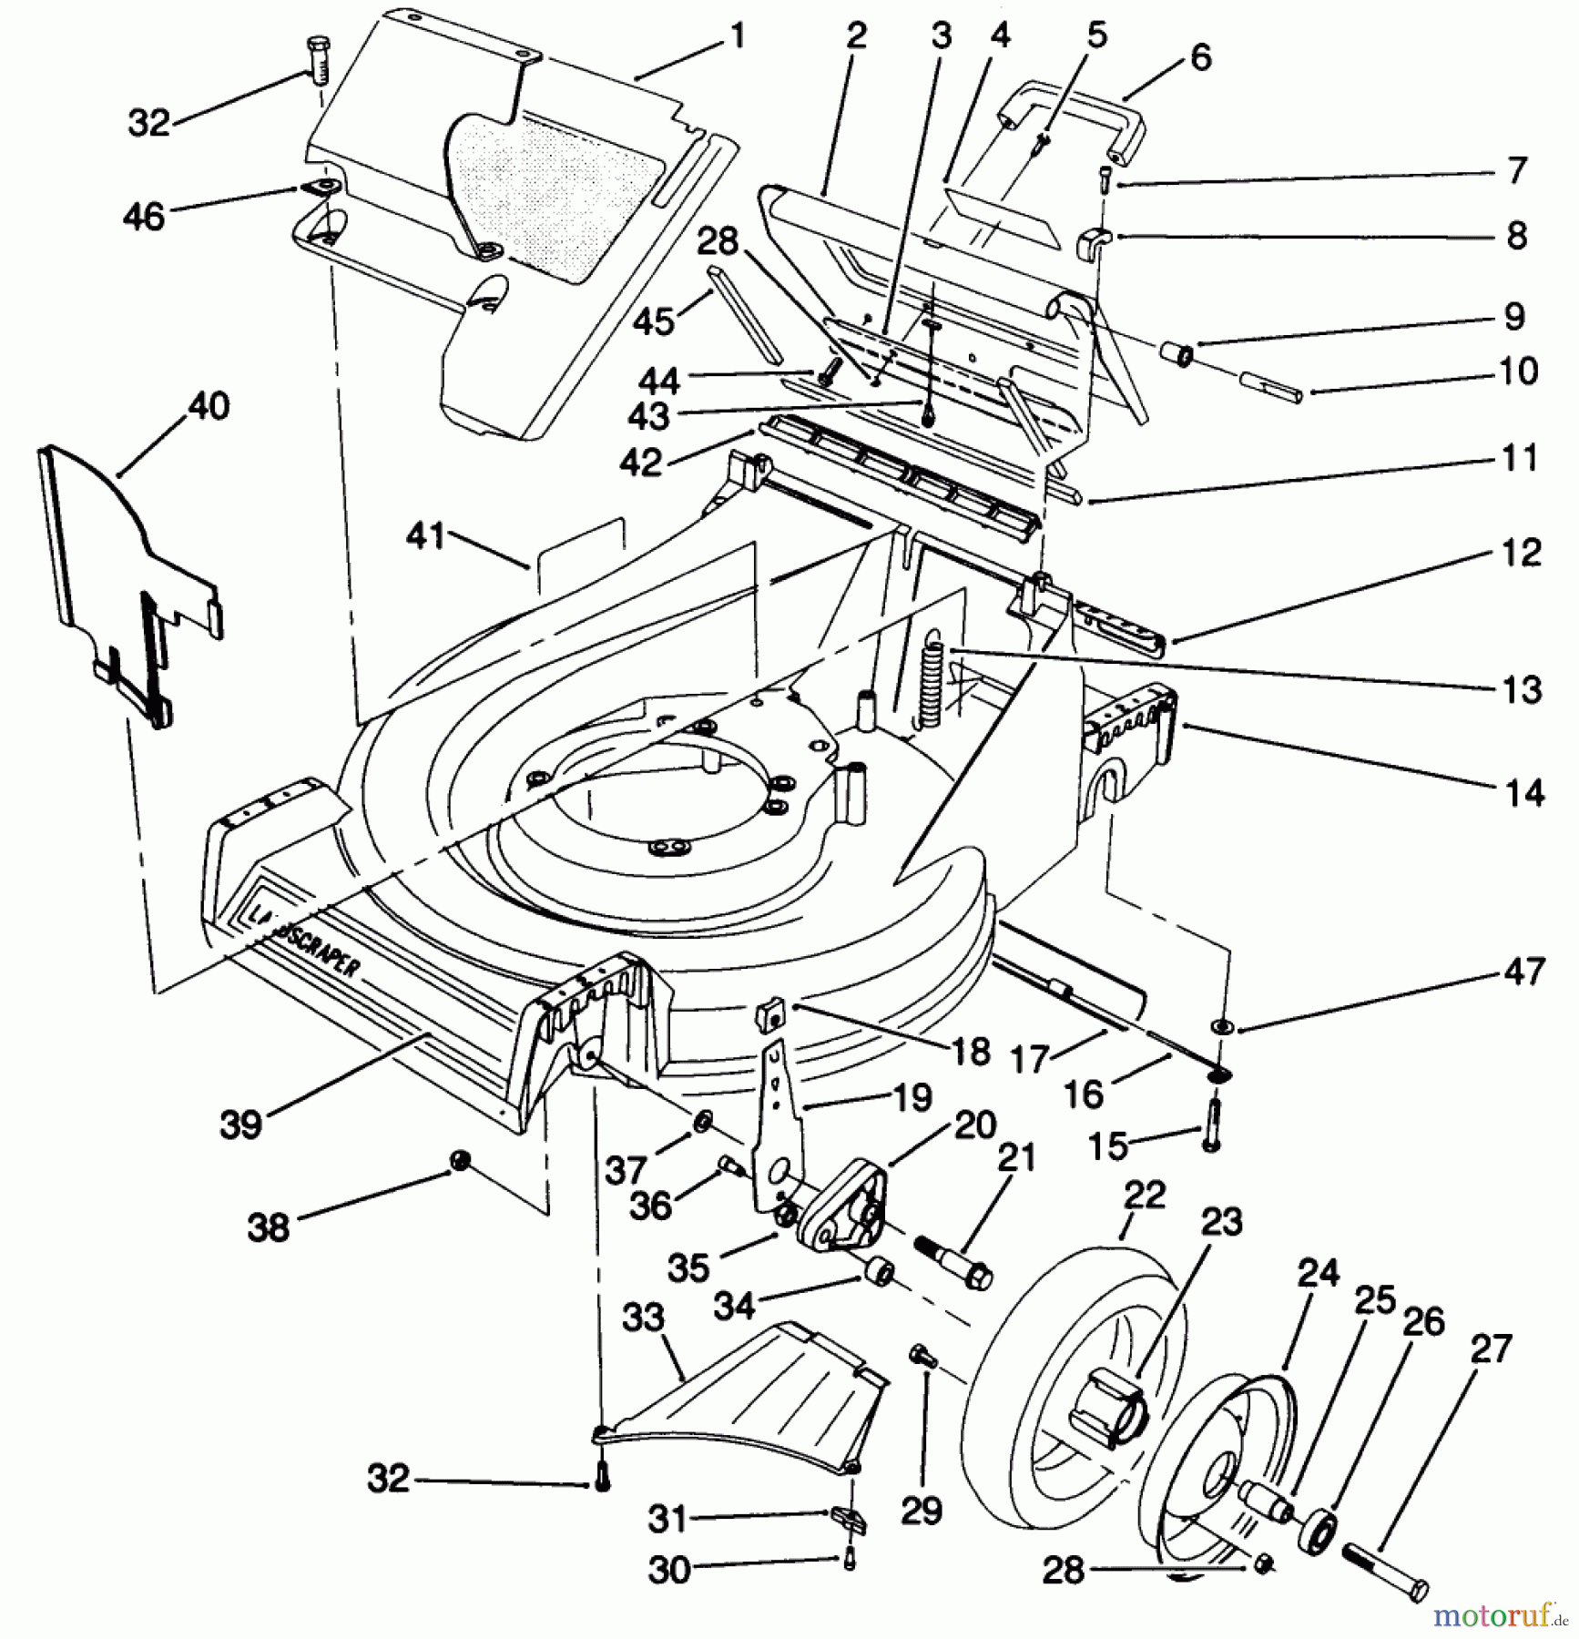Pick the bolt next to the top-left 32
316,60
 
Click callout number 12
1522,554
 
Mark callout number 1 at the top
738,36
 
